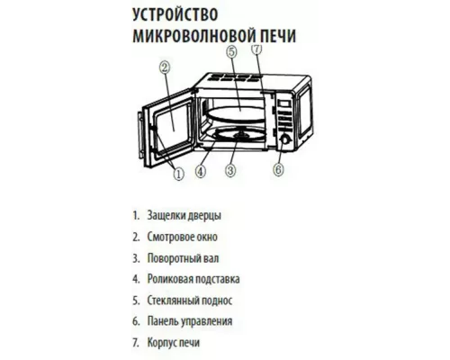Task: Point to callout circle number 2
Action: (165, 67)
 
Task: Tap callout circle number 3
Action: (231, 168)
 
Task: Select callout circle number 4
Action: (201, 168)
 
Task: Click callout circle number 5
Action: (231, 53)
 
